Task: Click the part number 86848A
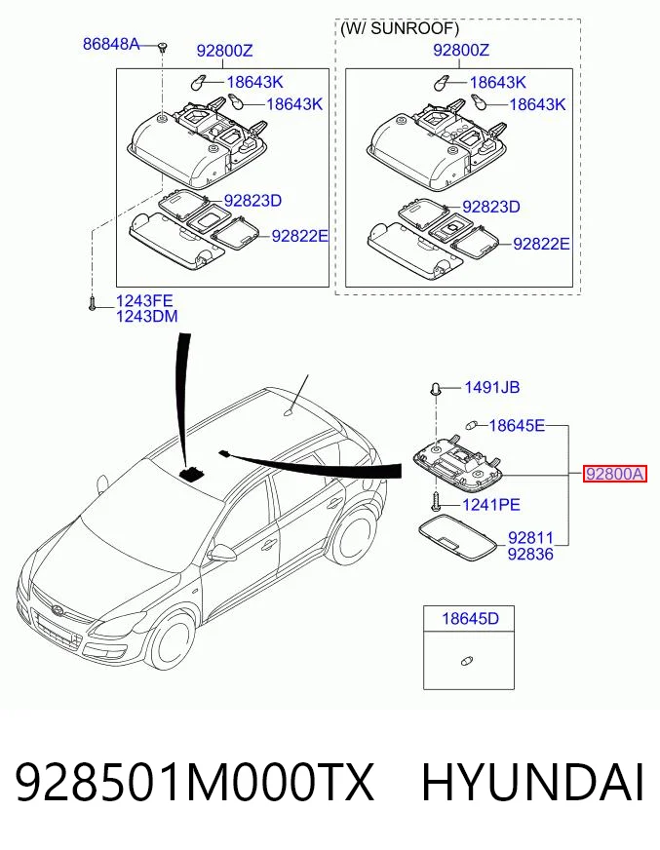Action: (x=110, y=43)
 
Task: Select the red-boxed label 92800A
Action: (x=614, y=475)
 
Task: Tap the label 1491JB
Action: (x=492, y=387)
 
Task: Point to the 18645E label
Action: (x=517, y=426)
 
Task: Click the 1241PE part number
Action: (x=490, y=505)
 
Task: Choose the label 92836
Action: (x=530, y=554)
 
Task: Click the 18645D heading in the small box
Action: (x=470, y=618)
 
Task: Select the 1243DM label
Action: (x=146, y=316)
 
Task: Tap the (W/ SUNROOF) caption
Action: (x=400, y=28)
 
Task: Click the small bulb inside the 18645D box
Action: (x=466, y=661)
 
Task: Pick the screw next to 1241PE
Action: (x=435, y=503)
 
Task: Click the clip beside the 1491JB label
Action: (x=435, y=388)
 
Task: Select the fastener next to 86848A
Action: (x=162, y=47)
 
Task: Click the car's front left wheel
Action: (x=173, y=639)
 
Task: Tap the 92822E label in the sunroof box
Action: (x=541, y=244)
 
